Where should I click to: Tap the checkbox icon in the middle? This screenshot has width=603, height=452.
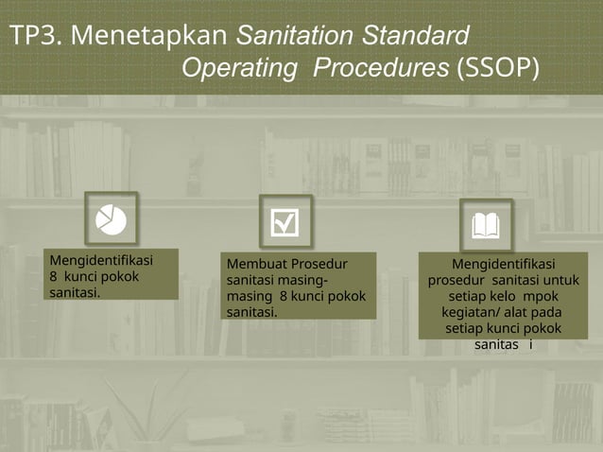[x=284, y=222]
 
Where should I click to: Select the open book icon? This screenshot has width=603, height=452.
[x=486, y=225]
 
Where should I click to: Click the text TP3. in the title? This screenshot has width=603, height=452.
[x=36, y=37]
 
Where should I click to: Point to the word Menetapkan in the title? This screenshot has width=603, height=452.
[x=149, y=37]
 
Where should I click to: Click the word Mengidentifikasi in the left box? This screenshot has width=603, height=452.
[x=101, y=260]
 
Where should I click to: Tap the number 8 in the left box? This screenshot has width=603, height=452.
[x=54, y=276]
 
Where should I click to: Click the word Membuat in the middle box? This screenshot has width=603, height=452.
[x=255, y=263]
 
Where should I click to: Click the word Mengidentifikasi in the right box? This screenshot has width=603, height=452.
[x=503, y=264]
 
